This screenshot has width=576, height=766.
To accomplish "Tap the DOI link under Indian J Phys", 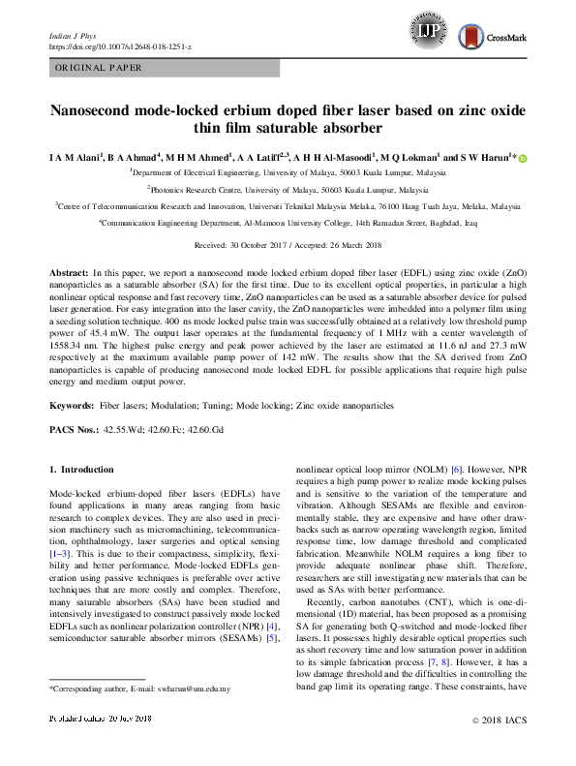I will point(133,46).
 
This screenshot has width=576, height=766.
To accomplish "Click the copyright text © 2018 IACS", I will point(496,749).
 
